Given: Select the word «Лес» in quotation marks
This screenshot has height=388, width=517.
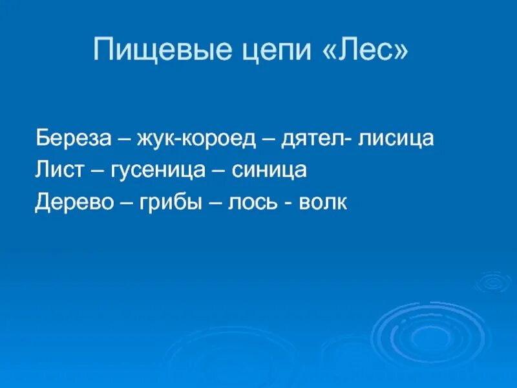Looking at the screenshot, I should (x=366, y=50).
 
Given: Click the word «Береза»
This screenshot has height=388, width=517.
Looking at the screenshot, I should (x=73, y=138).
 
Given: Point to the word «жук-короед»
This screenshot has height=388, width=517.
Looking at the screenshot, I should (x=199, y=138).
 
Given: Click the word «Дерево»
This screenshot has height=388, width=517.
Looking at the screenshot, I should (x=76, y=202).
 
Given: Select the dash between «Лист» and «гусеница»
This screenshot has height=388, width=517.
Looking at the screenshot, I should (x=96, y=171).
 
